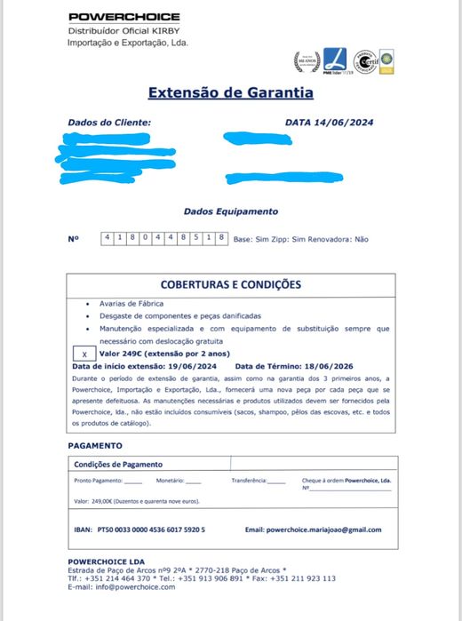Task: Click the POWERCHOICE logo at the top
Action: click(123, 17)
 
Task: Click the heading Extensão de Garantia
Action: click(230, 92)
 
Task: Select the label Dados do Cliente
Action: click(109, 123)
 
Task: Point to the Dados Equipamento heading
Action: click(230, 211)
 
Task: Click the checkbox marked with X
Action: click(84, 354)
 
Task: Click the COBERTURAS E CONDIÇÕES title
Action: click(230, 285)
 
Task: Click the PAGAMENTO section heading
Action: click(94, 445)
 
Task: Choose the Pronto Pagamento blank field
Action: click(132, 481)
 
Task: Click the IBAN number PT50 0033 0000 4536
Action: click(152, 529)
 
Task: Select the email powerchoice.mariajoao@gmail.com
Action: click(324, 529)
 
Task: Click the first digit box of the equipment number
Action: click(108, 238)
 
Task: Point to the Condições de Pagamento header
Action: click(118, 464)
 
